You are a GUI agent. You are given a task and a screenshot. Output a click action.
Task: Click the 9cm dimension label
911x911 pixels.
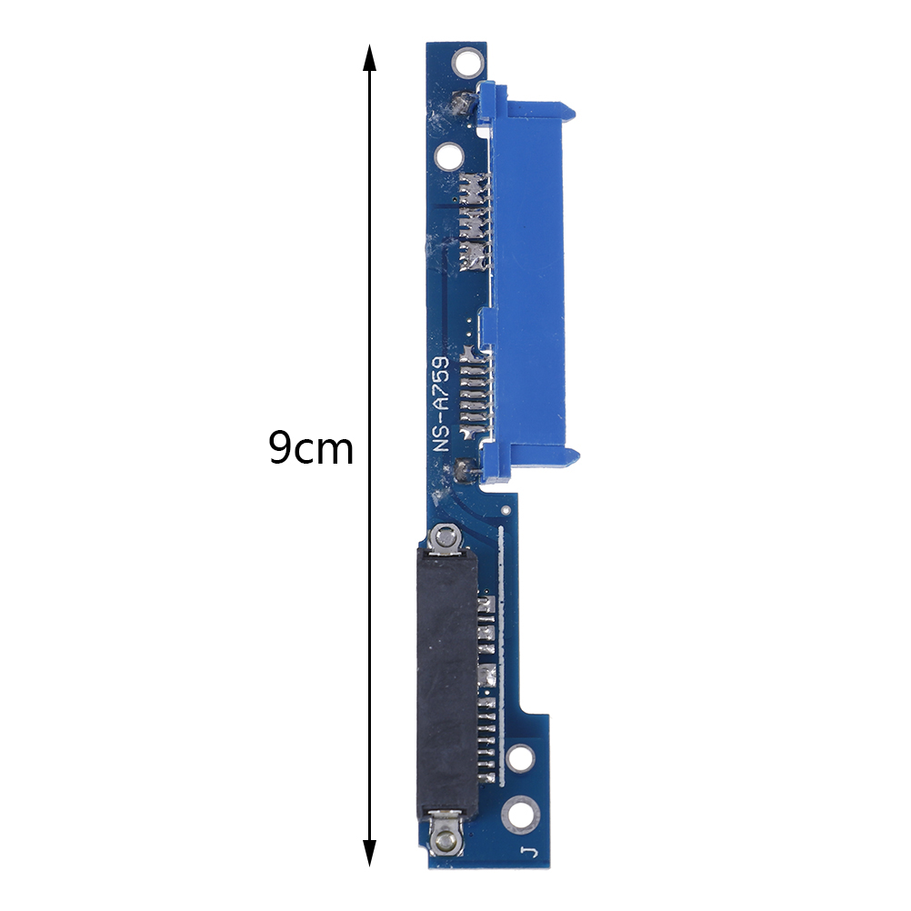tap(311, 448)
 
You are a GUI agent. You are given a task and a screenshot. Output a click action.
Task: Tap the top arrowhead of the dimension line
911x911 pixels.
tap(369, 57)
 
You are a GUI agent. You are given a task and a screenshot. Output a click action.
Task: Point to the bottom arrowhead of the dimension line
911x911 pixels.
tap(369, 852)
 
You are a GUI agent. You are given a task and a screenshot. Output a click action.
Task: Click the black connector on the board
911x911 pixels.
tap(447, 684)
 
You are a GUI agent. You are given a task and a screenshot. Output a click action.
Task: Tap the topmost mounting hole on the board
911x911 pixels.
tap(467, 62)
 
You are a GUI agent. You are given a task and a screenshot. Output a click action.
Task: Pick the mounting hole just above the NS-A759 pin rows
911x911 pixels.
tap(448, 156)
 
